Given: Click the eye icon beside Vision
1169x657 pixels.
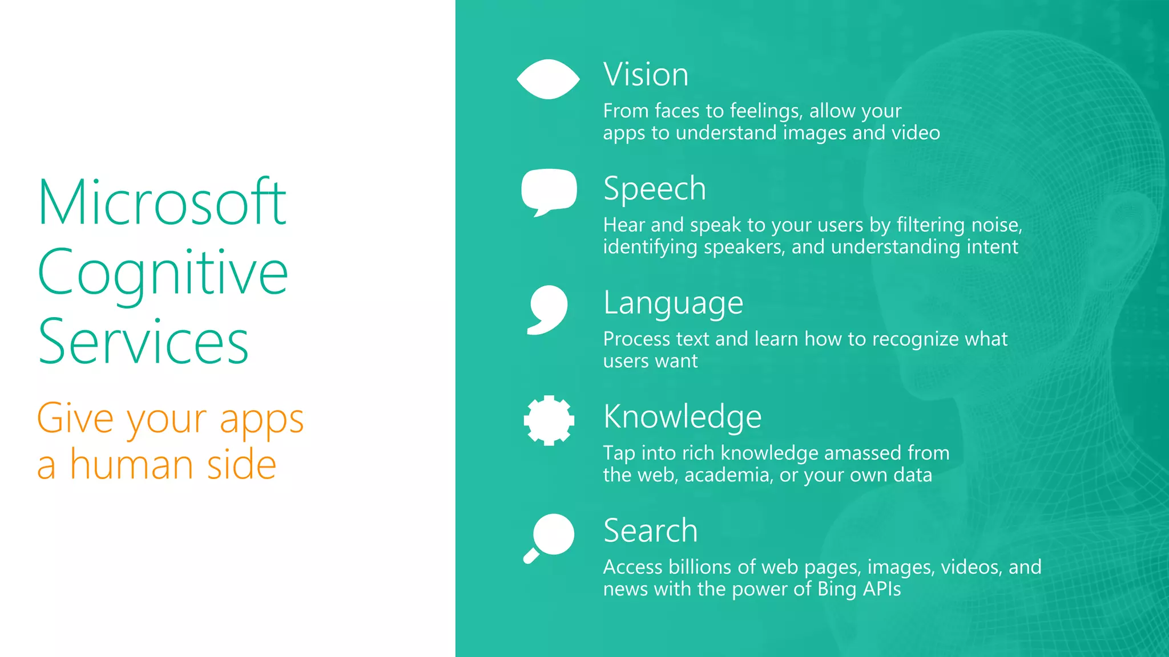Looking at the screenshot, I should point(548,79).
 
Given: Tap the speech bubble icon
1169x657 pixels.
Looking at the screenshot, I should point(549,190).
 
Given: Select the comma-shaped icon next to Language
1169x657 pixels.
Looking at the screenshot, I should point(548,309).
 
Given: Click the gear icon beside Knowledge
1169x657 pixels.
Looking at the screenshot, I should point(549,420).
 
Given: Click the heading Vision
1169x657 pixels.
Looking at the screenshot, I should point(646,75).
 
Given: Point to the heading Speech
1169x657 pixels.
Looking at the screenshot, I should point(654,189).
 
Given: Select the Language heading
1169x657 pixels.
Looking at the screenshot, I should point(673,303).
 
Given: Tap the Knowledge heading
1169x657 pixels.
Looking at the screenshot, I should point(682,417).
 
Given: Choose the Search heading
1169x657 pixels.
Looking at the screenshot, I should point(650,531).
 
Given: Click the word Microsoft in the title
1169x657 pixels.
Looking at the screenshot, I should point(162,202).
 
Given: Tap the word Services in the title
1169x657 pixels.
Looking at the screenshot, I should point(143,342).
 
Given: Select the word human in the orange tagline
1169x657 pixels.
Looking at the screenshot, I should point(132,465).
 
